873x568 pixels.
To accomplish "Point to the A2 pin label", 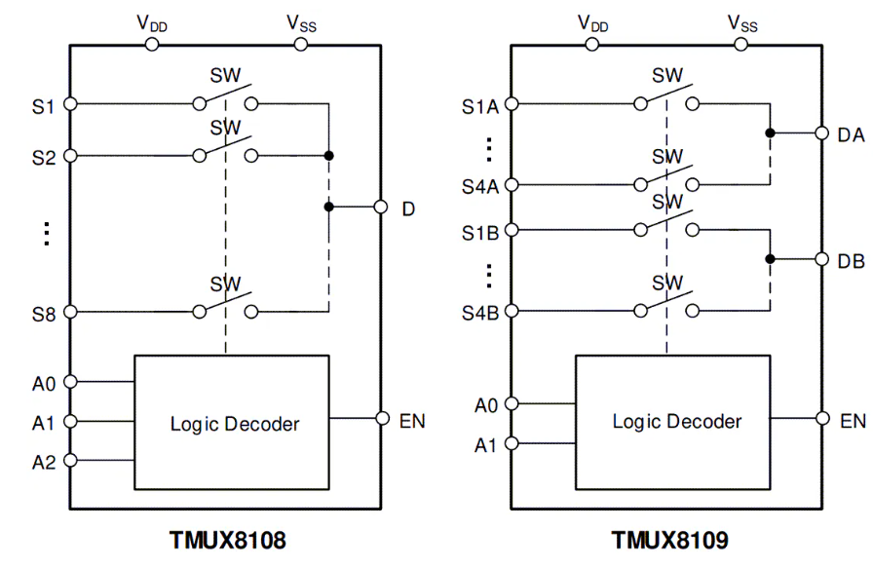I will point(43,462).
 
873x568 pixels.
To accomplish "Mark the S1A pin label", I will point(480,105).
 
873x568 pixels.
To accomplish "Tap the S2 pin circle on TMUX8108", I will point(69,155).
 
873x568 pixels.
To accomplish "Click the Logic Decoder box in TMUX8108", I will point(232,422).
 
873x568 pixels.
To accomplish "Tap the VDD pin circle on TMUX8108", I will point(152,44).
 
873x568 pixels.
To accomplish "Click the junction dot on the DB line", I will point(770,259).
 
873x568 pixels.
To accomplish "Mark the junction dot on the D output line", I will point(329,207).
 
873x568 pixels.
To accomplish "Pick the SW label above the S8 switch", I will point(226,283).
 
